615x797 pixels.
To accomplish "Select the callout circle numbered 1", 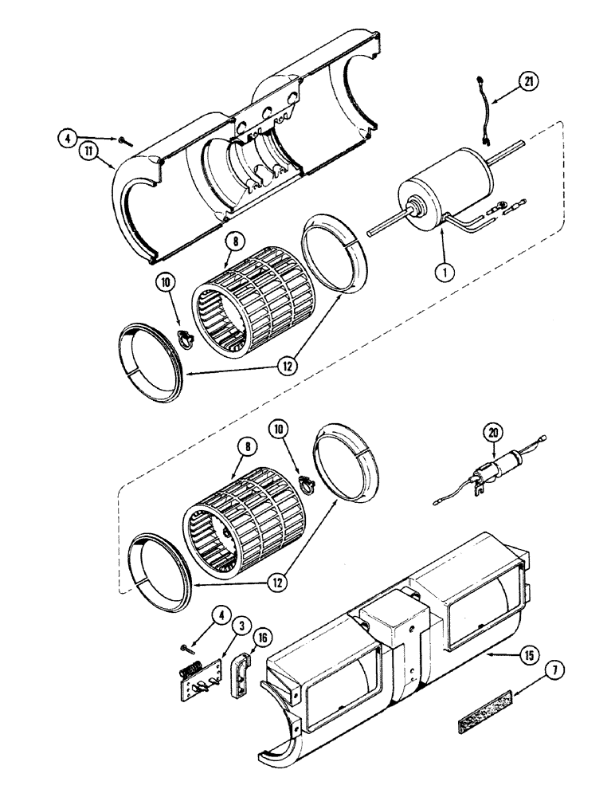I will pyautogui.click(x=445, y=270).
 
